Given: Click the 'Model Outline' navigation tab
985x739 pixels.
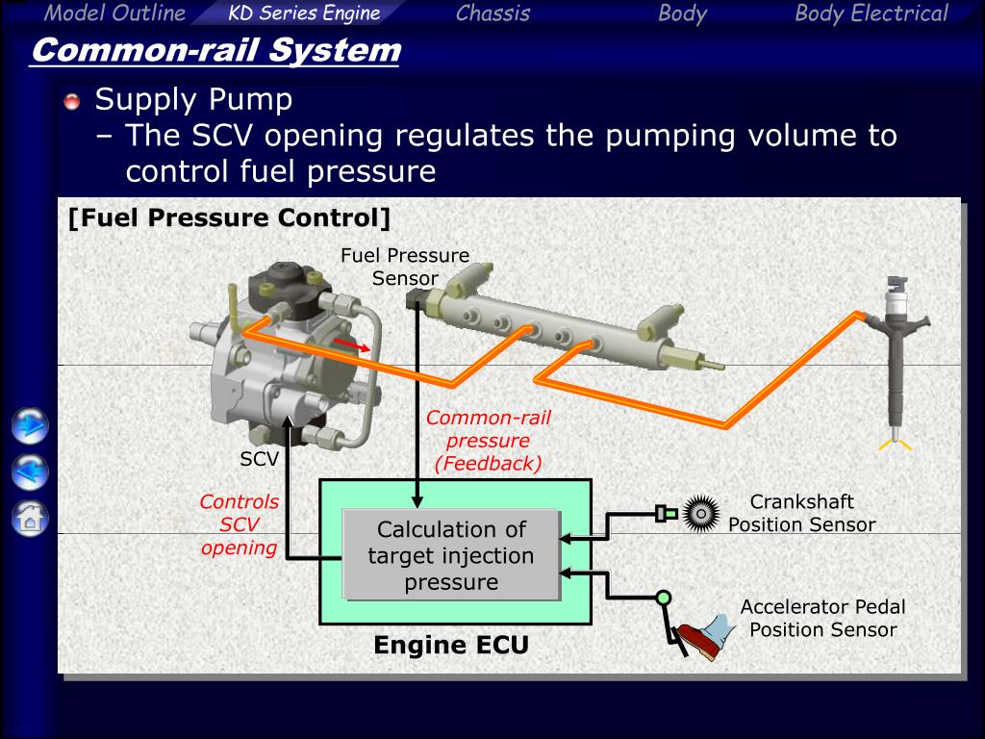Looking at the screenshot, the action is pos(115,13).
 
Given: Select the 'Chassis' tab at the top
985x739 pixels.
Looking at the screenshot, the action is pos(493,13).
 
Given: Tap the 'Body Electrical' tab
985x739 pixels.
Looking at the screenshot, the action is pos(871,13).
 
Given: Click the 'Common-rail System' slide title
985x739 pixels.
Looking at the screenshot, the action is pos(215,50).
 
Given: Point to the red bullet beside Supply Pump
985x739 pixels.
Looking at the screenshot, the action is pos(72,101).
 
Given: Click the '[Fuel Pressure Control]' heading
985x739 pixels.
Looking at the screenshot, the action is pos(229,218).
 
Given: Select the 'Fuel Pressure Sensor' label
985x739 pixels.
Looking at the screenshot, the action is pos(405,267).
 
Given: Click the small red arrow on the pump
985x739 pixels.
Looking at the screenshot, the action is pos(351,344).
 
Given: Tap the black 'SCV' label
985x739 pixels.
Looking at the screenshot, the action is pos(259,459).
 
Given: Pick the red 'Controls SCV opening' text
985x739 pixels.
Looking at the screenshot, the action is pos(240,524).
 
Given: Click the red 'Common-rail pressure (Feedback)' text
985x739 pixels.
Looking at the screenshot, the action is pos(488,441).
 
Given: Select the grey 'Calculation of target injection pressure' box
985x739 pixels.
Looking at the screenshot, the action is pos(451,555).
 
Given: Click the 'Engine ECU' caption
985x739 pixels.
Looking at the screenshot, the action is pos(451,646).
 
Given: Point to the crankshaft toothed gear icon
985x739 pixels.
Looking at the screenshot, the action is pos(701,514).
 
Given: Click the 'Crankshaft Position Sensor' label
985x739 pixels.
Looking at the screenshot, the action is pos(802,514).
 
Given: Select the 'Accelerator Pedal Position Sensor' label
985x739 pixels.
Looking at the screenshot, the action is pos(823,619).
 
